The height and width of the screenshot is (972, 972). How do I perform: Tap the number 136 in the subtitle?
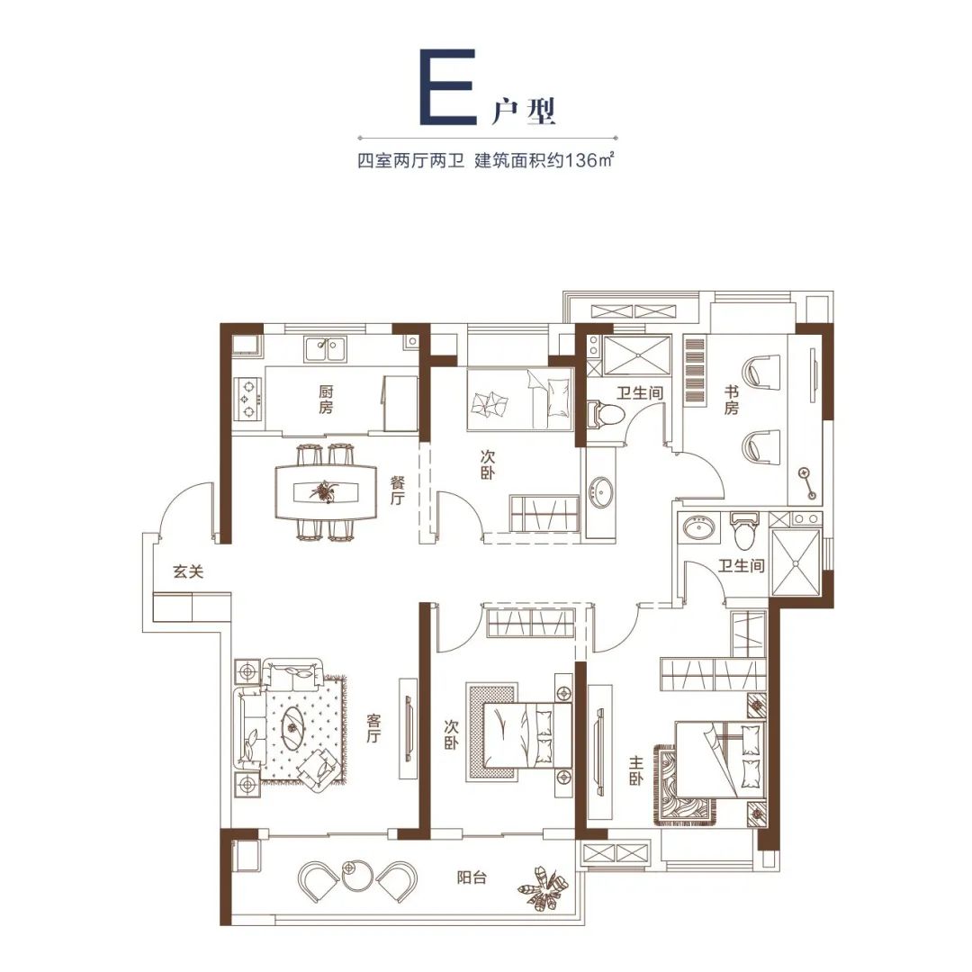583,161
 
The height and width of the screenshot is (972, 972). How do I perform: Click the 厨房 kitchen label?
326,400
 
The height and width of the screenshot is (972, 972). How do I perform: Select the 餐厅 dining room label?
397,490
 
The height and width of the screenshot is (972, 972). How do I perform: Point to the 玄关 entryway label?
188,571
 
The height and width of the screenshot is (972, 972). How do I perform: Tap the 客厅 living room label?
373,728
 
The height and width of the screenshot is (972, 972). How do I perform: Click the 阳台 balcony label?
472,877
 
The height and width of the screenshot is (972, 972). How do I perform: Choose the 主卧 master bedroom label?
635,770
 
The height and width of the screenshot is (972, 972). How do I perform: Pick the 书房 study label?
732,400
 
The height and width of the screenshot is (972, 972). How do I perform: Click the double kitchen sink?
326,349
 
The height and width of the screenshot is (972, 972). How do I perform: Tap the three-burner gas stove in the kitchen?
248,398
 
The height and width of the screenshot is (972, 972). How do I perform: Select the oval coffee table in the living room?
292,727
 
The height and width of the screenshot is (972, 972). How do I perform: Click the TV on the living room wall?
408,728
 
